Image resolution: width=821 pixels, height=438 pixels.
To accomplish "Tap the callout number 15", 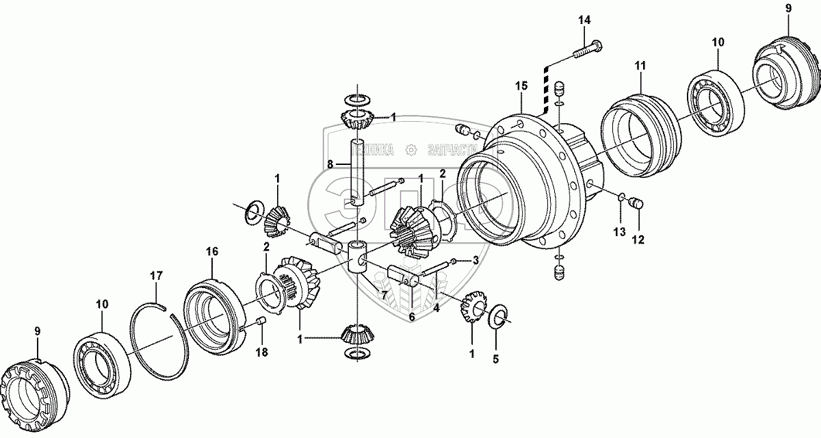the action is (x=521, y=86).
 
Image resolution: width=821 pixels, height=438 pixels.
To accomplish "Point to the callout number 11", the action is (x=640, y=66).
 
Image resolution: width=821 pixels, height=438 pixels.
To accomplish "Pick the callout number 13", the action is (x=618, y=233).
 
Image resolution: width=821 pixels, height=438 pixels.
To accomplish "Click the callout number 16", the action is (x=211, y=252).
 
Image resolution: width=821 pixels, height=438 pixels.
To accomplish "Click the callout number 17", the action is (x=157, y=276).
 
